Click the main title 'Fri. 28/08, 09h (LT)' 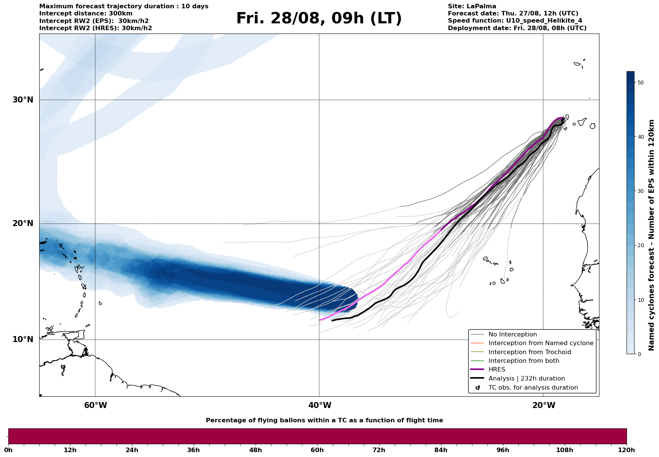click(x=319, y=18)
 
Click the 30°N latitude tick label click(x=23, y=100)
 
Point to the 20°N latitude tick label click(x=23, y=223)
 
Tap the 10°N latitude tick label click(x=23, y=339)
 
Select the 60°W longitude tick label click(x=95, y=405)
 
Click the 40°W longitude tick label click(x=320, y=405)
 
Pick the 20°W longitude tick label click(x=544, y=405)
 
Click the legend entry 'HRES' click(x=497, y=370)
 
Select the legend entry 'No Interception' click(x=513, y=335)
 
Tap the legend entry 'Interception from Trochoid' click(x=530, y=352)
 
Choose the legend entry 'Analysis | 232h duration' click(x=527, y=379)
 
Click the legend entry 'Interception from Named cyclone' click(x=541, y=343)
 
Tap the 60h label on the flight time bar click(x=317, y=450)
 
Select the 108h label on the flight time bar click(x=565, y=450)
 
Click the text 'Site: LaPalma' click(x=472, y=6)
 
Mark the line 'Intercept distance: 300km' click(x=86, y=14)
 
